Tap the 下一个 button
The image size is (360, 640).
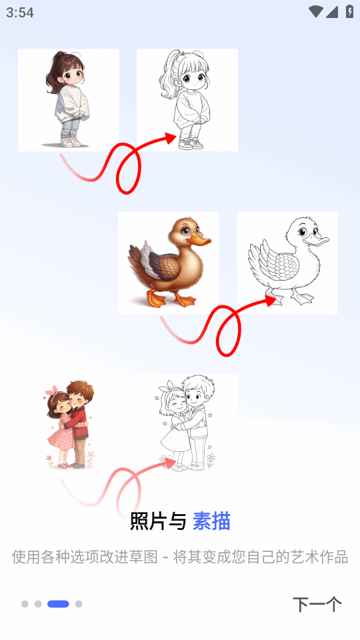coord(317,604)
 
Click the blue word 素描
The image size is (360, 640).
coord(211,521)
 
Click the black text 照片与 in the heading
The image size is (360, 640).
coord(158,521)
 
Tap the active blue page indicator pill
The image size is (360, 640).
coord(59,604)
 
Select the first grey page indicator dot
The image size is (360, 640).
coord(25,604)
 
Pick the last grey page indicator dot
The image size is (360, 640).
coord(79,604)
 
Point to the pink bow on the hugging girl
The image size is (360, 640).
coord(52,390)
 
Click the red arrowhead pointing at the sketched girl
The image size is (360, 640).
coord(170,138)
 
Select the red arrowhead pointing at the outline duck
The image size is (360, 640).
coord(270,301)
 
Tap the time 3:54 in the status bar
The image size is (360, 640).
coord(19,12)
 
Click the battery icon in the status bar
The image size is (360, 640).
coord(350,11)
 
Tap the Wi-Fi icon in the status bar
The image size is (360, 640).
coord(315,12)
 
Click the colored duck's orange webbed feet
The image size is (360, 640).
coord(171,299)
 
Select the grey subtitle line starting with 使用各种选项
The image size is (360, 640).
coord(179,557)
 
